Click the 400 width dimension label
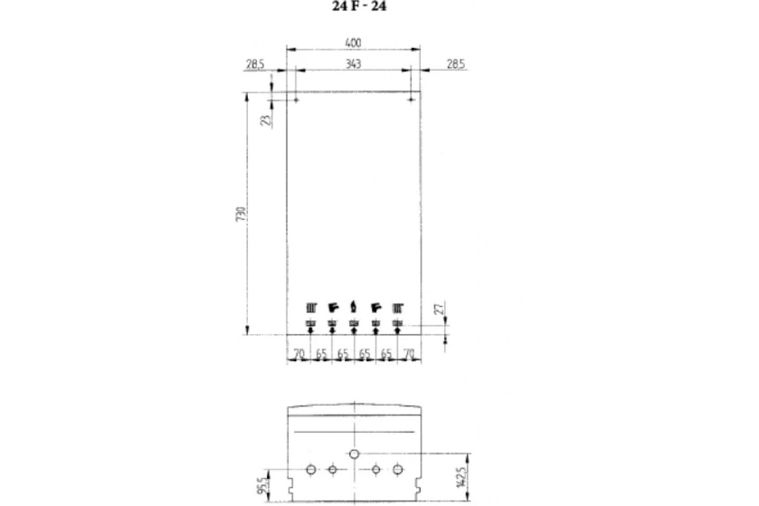[353, 43]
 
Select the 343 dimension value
[353, 64]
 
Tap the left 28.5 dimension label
[255, 64]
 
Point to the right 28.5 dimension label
[456, 64]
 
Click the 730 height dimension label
[240, 214]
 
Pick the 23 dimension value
[266, 120]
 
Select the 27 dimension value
[439, 309]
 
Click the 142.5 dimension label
[462, 478]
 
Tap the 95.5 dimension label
[262, 486]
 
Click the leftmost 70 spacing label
[299, 354]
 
